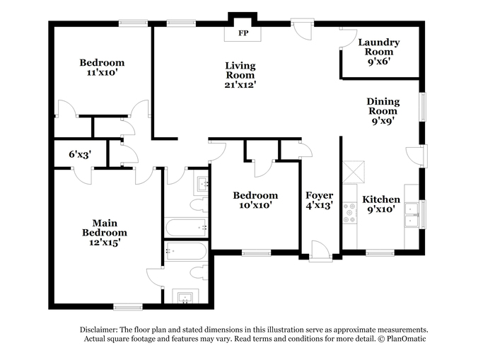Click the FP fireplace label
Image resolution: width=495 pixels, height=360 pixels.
point(243,33)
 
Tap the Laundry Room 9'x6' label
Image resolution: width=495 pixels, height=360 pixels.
point(379,52)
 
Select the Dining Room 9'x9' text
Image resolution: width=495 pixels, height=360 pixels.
point(383,111)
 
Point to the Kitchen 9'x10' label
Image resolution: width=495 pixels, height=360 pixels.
point(381,204)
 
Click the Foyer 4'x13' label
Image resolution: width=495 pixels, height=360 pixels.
point(319,200)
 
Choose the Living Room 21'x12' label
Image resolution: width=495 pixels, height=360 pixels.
point(240,75)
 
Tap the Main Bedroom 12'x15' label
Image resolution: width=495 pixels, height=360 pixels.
point(105,233)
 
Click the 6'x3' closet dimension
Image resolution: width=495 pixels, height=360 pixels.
point(80,154)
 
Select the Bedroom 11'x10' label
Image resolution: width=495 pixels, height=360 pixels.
point(102,67)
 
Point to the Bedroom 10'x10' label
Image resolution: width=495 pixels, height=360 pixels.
point(255,200)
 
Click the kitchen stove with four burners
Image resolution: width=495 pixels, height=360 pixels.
point(350,213)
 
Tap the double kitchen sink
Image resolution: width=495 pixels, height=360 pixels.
point(412,216)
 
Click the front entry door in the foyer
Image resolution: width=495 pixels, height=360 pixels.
point(320,251)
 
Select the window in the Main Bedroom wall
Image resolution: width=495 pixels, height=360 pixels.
point(128,307)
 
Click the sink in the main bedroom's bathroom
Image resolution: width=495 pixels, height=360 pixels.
point(185,297)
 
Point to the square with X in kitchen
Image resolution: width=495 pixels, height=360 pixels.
point(354,172)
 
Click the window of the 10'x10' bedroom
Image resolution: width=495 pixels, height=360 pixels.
point(256,252)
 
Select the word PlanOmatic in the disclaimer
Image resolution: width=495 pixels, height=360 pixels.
point(407,339)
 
